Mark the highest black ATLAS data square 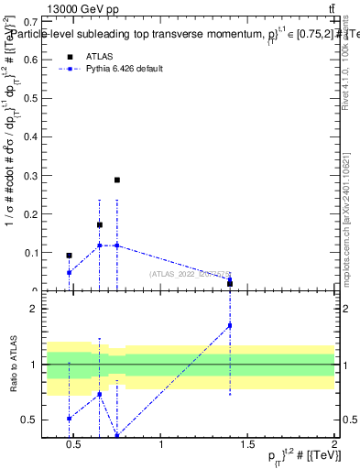[117, 180]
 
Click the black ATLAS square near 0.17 [100, 224]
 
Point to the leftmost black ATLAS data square [69, 256]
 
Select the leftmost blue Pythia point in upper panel [69, 272]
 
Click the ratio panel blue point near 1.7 [230, 325]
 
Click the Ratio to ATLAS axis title [12, 366]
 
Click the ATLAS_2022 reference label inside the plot [188, 273]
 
